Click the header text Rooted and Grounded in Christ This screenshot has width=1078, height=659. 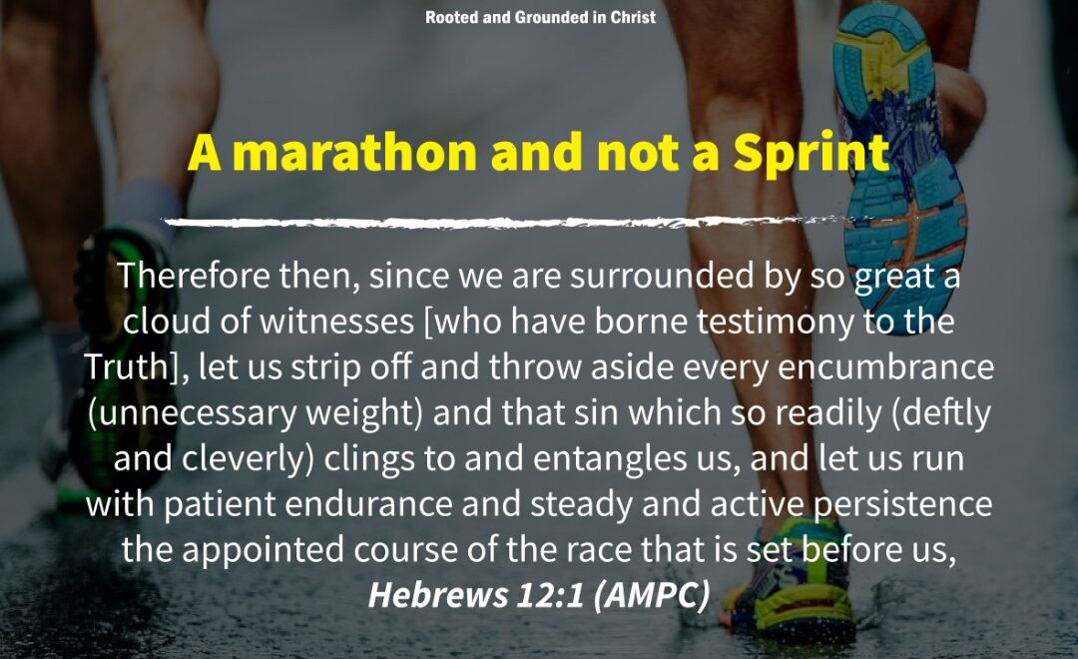540,17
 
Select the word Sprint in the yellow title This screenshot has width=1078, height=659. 810,154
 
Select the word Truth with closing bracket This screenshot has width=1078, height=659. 136,366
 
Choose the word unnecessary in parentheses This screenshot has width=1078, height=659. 193,413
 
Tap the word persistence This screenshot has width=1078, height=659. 902,505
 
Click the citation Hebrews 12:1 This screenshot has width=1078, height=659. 476,595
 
